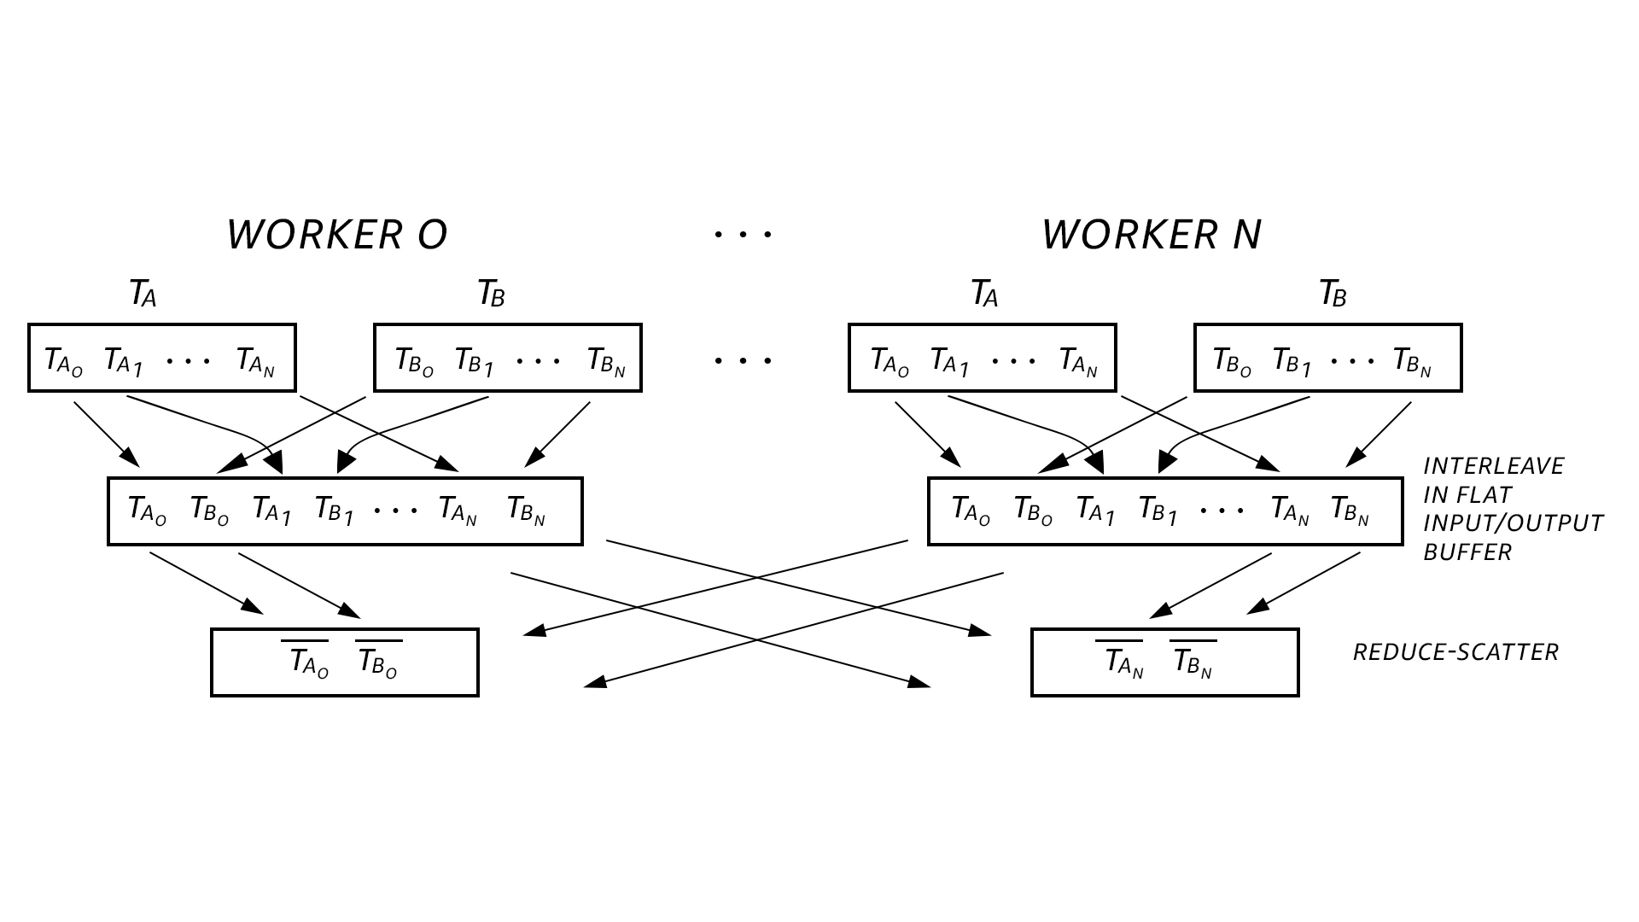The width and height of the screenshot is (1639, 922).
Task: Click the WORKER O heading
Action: [336, 235]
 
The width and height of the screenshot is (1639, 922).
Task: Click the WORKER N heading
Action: [1151, 235]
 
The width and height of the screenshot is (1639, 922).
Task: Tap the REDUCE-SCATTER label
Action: [1455, 652]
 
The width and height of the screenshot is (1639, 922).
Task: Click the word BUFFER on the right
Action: [1467, 552]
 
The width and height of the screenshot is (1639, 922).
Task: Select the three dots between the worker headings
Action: [743, 233]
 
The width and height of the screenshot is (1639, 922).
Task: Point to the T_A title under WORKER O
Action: [143, 295]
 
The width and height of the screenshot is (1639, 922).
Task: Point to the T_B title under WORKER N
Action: [1333, 295]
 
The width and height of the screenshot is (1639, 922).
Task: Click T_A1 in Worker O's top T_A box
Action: [124, 360]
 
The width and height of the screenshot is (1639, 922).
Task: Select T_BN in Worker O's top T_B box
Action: [606, 360]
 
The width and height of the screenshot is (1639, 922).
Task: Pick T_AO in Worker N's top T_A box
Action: [889, 360]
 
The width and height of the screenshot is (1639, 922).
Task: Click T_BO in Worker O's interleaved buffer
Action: [209, 510]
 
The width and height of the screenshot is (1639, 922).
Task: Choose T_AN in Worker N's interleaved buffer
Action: [1289, 510]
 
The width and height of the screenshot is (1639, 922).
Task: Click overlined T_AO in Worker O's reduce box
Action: [308, 662]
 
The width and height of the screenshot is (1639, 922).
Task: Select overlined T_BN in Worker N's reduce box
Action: [1192, 662]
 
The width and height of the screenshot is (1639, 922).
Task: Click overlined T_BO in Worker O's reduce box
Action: [377, 662]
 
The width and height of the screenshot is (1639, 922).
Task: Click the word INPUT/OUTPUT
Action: [1513, 523]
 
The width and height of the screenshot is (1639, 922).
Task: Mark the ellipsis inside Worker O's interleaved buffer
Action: [395, 511]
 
